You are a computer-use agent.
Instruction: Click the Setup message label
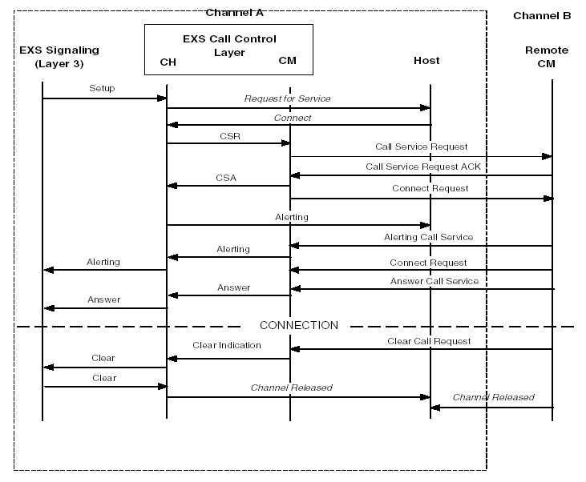pos(102,88)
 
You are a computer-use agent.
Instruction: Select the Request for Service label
pos(287,98)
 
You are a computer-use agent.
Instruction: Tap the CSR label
pos(229,135)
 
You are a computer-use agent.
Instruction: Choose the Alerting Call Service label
pos(428,237)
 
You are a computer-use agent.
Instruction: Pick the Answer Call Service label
pos(434,281)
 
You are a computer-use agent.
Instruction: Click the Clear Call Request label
pos(429,341)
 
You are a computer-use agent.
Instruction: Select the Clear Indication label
pos(226,345)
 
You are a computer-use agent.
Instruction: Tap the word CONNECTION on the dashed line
pos(298,325)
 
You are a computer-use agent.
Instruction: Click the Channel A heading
pos(234,12)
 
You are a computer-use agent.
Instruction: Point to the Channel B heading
pos(541,15)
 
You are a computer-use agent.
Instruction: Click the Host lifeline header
pos(426,60)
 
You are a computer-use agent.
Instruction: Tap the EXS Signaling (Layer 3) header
pos(49,57)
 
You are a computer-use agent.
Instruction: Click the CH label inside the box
pos(168,61)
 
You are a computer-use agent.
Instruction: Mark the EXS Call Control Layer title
pos(228,45)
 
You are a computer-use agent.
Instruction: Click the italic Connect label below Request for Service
pos(293,118)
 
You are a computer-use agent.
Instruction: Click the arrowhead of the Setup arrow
pos(162,98)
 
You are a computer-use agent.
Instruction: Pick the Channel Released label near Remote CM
pos(493,397)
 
